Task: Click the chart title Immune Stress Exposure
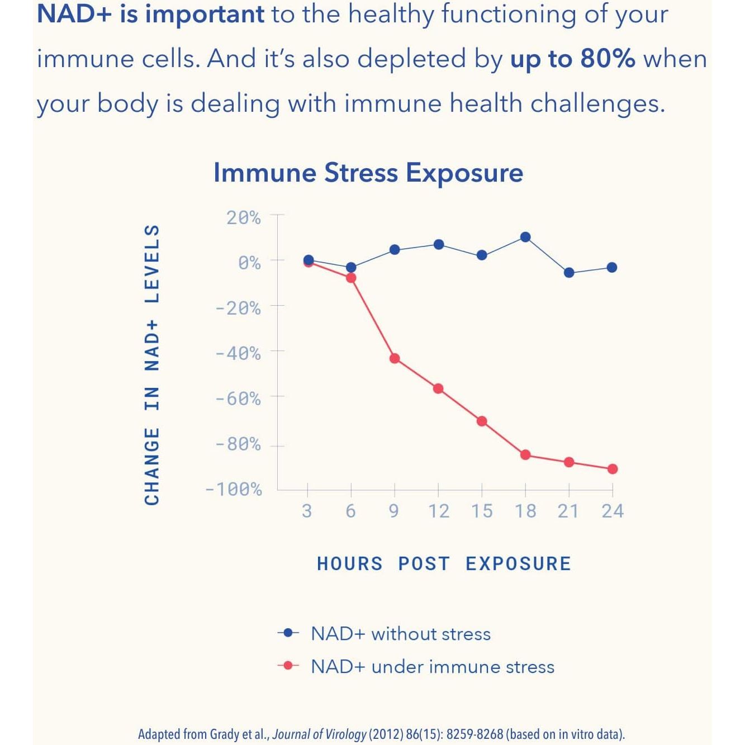[368, 173]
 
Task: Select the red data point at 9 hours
[395, 358]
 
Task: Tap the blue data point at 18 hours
[525, 237]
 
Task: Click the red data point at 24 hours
[613, 469]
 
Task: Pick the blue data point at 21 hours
[569, 273]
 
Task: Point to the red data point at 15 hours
[482, 421]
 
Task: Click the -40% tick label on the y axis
[238, 353]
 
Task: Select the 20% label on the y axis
[243, 217]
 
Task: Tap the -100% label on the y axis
[234, 490]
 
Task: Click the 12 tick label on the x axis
[439, 511]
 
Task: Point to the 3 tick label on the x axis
[307, 511]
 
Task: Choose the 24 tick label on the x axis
[613, 511]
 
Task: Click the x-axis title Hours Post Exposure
[444, 563]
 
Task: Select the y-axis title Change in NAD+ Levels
[152, 364]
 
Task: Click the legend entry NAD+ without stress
[401, 634]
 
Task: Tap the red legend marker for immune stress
[288, 666]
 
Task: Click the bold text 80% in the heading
[608, 59]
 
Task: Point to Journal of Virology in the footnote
[319, 734]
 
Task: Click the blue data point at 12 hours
[439, 244]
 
